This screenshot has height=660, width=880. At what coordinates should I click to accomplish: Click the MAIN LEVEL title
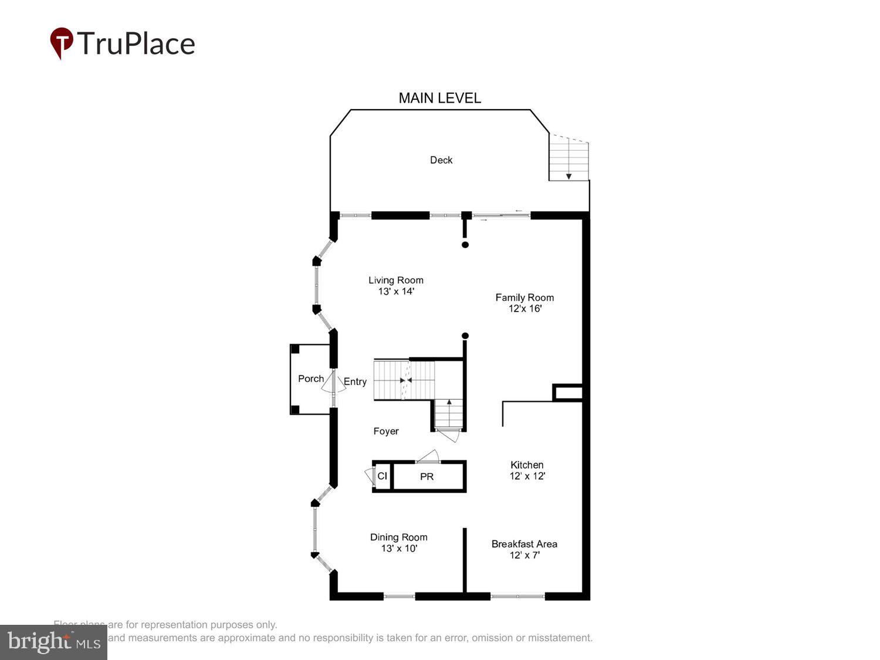439,98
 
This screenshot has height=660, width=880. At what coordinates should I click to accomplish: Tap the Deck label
441,160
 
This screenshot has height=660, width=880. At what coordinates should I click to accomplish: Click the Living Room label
396,280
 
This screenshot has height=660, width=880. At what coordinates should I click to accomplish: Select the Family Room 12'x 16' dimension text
524,309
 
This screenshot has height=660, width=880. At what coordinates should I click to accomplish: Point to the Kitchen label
527,465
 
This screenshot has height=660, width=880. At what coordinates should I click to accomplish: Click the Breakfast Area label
524,544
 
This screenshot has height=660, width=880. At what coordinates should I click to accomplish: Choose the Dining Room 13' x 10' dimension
399,549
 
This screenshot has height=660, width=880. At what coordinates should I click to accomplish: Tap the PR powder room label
427,477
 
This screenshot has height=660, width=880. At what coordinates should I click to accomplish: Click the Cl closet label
382,476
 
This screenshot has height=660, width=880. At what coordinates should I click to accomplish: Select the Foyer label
386,431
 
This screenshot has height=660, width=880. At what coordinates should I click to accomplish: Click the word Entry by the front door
355,381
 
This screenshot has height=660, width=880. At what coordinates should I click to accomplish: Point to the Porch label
310,379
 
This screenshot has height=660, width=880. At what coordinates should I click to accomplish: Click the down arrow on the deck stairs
568,175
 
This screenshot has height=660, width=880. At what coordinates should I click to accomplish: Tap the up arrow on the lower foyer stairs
449,403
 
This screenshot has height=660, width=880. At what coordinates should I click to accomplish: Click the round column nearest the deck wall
465,245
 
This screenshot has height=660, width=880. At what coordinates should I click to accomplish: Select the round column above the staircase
465,336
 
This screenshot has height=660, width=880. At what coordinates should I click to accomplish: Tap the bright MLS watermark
53,642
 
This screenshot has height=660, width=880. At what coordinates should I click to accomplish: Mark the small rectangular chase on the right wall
568,392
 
